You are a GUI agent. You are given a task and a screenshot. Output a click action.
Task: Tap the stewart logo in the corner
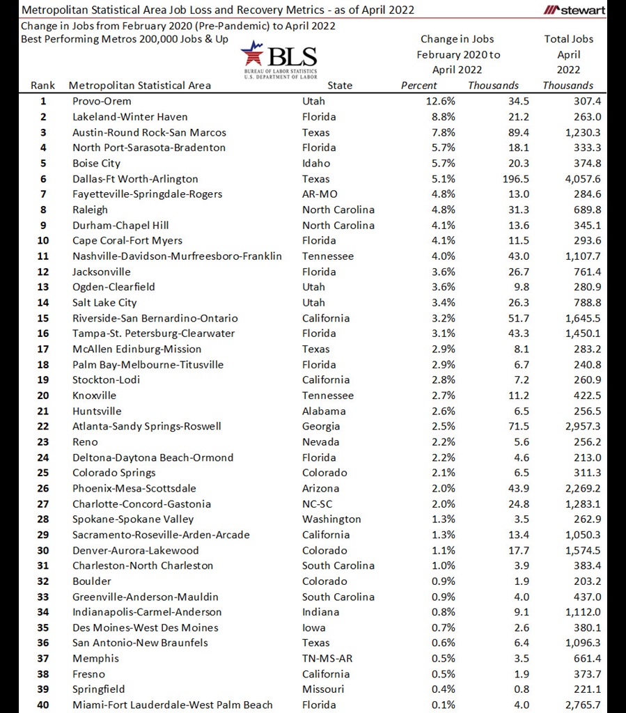point(574,10)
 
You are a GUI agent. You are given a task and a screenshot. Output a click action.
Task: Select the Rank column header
point(42,86)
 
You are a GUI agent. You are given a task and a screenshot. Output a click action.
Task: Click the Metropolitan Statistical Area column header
point(139,86)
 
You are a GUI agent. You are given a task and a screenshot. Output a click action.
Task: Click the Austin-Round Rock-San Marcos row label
point(149,132)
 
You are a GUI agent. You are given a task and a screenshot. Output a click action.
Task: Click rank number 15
point(43,318)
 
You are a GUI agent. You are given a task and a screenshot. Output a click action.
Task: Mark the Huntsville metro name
point(97,411)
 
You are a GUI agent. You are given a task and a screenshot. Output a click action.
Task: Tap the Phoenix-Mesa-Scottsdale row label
point(134,488)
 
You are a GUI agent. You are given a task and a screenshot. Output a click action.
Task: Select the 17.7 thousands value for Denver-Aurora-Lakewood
point(518,550)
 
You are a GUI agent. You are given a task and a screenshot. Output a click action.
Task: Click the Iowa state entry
point(313,627)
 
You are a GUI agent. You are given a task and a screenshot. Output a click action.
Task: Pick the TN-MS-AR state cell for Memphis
point(327,659)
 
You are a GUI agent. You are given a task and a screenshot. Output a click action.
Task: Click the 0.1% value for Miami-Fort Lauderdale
point(444,705)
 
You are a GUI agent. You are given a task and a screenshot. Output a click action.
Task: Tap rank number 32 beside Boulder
point(43,581)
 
